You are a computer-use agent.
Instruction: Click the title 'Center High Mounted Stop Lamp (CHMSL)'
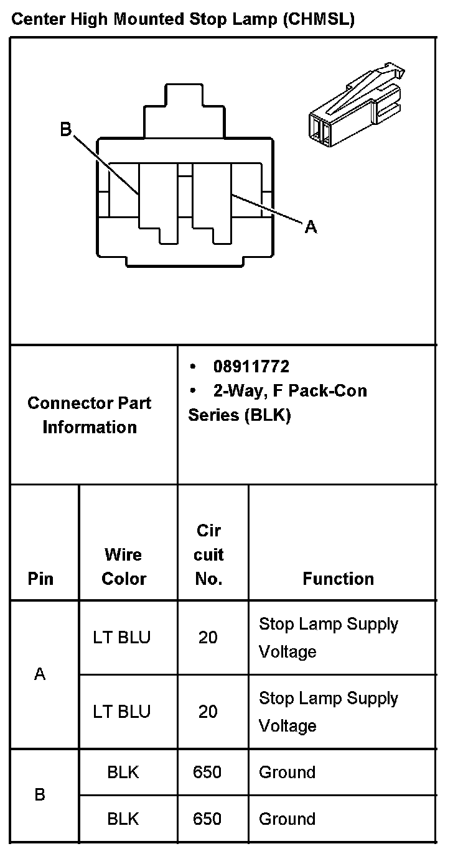point(182,20)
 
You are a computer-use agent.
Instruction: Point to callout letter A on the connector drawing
point(311,227)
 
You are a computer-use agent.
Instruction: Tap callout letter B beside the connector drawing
point(66,129)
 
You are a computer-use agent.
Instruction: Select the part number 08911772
point(251,367)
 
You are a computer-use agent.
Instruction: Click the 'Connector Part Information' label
point(90,415)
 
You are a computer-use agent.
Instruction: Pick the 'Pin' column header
point(41,579)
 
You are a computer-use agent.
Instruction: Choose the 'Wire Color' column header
point(123,566)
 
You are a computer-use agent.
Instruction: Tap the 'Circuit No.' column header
point(208,554)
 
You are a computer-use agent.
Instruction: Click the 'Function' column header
point(338,579)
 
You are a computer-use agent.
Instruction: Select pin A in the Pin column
point(40,674)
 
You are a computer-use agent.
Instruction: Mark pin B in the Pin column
point(40,795)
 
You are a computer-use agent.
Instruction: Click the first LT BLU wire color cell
point(122,638)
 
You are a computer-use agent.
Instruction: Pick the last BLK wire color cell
point(123,819)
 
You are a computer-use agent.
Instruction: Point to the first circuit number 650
point(207,772)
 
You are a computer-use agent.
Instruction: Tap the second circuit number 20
point(208,712)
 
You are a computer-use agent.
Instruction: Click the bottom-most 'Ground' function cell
point(287,819)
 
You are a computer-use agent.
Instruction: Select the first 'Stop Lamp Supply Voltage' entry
point(328,638)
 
